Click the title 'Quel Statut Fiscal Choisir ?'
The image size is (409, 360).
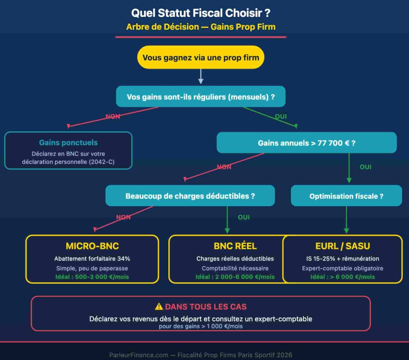[x=201, y=13]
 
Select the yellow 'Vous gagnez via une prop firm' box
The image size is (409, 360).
[x=201, y=57]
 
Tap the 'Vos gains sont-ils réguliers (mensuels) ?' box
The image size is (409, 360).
[x=201, y=97]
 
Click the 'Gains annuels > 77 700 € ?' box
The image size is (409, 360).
[x=306, y=143]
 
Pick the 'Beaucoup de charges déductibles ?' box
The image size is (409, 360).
[x=190, y=196]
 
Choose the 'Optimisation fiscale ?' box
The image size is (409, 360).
[x=346, y=196]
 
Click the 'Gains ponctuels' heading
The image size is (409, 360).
[x=68, y=143]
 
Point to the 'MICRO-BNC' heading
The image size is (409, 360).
[x=92, y=246]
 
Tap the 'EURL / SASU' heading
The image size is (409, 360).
[x=343, y=246]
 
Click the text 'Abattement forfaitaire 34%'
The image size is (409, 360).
[x=92, y=259]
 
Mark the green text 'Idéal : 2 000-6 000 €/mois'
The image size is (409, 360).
[x=235, y=277]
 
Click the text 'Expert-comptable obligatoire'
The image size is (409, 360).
[x=343, y=269]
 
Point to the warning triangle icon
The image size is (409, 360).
[x=159, y=307]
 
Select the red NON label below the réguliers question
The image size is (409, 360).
[x=113, y=117]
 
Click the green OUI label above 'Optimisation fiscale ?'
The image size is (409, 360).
[x=365, y=167]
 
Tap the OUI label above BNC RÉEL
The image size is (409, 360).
[x=244, y=217]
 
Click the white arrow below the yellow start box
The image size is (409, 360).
[x=201, y=76]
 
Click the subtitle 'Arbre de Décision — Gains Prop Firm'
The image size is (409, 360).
[x=201, y=27]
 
